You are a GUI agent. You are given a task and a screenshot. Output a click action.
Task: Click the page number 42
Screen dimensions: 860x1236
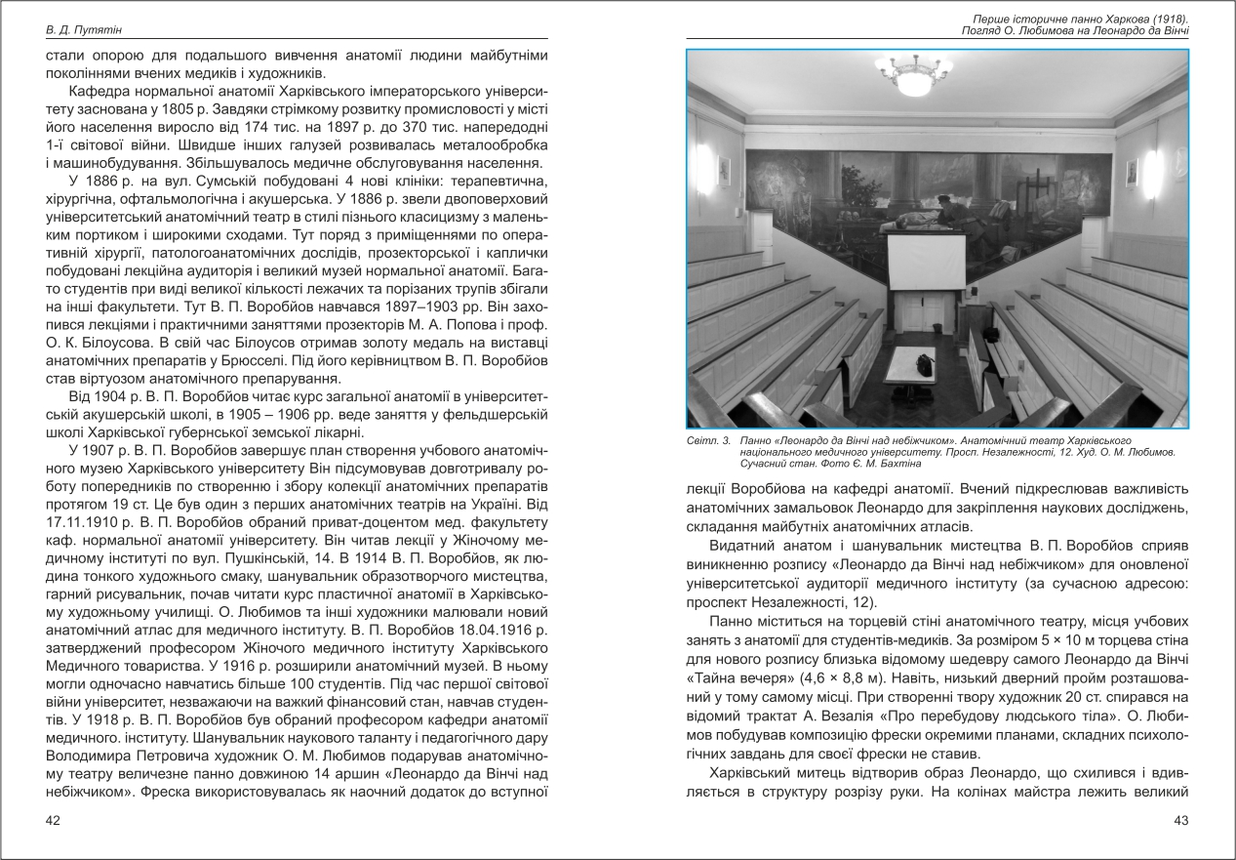click(54, 821)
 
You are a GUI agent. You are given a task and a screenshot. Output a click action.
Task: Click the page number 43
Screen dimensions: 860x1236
click(1180, 821)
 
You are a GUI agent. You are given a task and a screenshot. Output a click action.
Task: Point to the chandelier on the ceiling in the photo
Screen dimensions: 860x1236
click(913, 68)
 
